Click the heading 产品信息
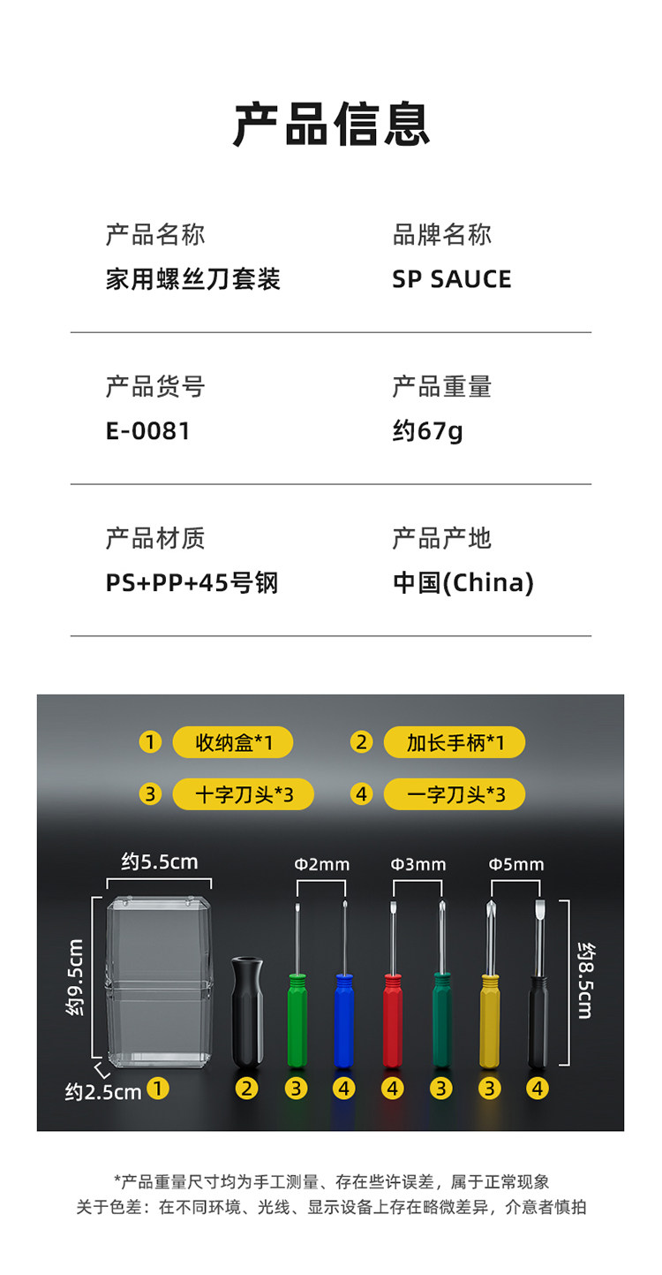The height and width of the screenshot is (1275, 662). point(331,124)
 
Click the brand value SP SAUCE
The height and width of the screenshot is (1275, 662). point(451,279)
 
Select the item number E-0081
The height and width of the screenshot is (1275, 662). point(147,431)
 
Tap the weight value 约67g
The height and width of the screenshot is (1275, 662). point(427,431)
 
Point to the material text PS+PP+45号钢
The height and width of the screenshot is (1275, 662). point(192,583)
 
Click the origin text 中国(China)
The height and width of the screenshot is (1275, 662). point(463,583)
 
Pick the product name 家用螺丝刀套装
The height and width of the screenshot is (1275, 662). point(192,279)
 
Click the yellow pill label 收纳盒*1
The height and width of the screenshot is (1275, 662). point(232,742)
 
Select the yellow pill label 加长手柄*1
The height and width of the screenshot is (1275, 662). point(454,742)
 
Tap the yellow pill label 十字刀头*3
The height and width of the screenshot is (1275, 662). point(243,794)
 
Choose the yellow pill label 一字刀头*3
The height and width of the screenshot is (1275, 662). point(454,794)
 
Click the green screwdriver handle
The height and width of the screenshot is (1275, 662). point(297,1021)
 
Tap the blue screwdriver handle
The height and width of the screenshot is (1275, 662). point(344,1021)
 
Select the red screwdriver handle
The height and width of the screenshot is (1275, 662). point(393,1021)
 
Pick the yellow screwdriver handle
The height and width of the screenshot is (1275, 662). point(489,1021)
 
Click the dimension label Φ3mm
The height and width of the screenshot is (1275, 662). point(418,864)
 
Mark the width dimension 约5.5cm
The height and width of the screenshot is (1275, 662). point(159,861)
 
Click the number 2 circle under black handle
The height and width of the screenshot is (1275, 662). point(246,1089)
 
